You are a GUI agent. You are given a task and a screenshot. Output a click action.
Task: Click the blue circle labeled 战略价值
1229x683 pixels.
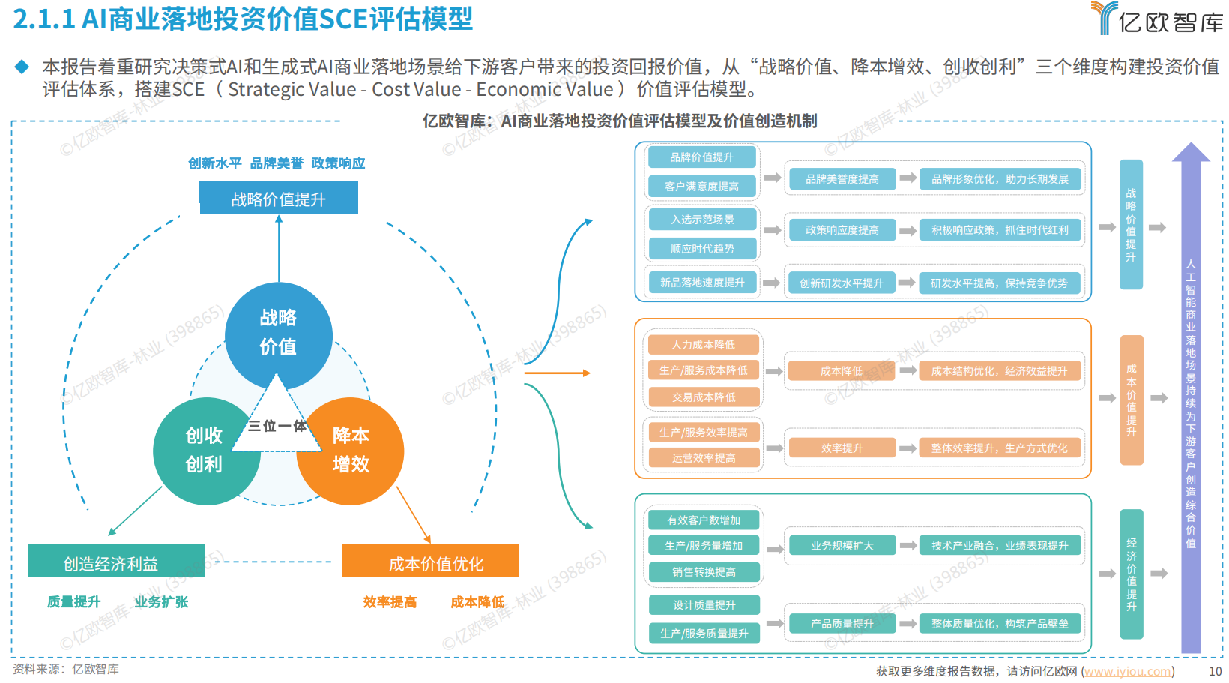[278, 333]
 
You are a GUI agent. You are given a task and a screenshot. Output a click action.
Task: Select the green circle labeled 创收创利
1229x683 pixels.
[204, 451]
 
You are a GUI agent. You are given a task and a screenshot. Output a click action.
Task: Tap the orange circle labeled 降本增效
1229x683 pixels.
[351, 451]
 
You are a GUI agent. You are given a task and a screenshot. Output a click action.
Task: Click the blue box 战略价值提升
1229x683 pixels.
[278, 199]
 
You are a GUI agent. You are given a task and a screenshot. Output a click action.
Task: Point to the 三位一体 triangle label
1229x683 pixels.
[277, 426]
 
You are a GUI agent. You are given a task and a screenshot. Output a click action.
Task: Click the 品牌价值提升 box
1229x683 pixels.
[701, 157]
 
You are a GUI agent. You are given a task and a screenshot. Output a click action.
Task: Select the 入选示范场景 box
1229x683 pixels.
[701, 220]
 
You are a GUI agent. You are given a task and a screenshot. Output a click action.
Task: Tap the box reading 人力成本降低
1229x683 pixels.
[703, 345]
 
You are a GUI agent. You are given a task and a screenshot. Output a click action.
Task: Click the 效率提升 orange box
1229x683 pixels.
[842, 448]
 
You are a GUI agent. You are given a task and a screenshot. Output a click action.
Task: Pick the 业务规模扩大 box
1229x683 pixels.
[842, 546]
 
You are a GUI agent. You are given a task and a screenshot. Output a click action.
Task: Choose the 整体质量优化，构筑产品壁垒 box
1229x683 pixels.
[1000, 624]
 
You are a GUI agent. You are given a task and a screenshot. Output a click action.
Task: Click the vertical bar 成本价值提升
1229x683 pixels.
[1131, 400]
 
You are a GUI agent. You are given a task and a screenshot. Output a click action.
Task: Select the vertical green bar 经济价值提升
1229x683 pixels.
[1131, 574]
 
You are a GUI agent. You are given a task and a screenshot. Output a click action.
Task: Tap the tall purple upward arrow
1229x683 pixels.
[1191, 397]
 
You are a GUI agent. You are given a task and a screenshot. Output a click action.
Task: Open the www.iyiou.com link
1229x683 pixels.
[1127, 671]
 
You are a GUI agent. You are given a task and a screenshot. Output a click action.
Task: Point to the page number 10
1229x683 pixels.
[1215, 671]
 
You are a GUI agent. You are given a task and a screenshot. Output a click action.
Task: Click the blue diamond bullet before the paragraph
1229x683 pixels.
[22, 67]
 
